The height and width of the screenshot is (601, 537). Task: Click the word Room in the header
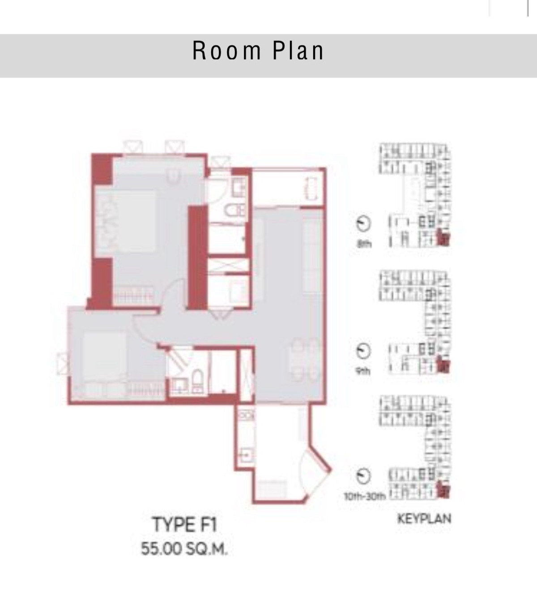point(227,51)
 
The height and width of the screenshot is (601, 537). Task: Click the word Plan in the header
point(298,51)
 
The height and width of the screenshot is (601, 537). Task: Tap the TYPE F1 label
point(184,524)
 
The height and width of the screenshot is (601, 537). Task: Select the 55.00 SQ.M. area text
point(184,549)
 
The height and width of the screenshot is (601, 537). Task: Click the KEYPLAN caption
point(424,519)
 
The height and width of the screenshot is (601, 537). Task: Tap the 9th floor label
point(363,371)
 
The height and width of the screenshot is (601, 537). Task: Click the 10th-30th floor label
point(365,496)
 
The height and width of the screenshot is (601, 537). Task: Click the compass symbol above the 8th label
point(363,224)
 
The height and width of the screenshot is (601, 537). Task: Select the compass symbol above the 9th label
point(363,351)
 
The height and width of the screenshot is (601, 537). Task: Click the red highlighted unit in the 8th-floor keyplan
point(443,239)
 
